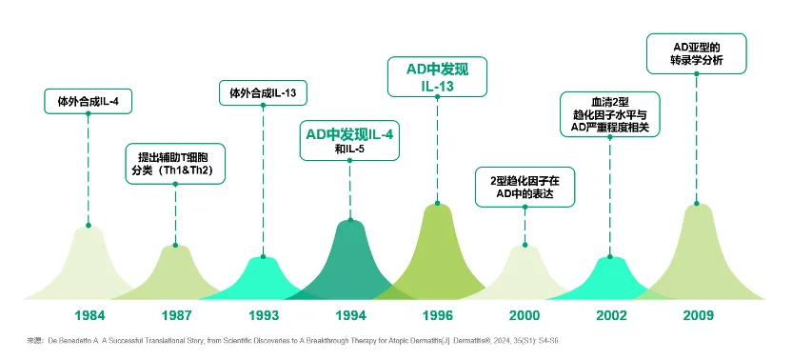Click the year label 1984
coord(89,315)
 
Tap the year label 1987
coord(176,315)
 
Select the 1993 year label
coord(263,315)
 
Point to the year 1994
coord(350,315)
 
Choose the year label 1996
coord(438,315)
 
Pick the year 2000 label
coord(525,315)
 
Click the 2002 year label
coord(611,315)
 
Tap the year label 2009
coord(698,315)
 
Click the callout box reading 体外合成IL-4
coord(88,101)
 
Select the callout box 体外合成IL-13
coord(263,93)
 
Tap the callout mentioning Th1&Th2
coord(175,164)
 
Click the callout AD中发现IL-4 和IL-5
coord(349,141)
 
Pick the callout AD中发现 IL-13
coord(437,76)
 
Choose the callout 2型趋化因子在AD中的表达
coord(525,187)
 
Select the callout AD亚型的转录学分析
coord(697,53)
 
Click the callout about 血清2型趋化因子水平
coord(610,114)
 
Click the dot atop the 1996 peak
coord(438,203)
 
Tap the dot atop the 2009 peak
coord(697,203)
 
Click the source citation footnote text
coord(293,341)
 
